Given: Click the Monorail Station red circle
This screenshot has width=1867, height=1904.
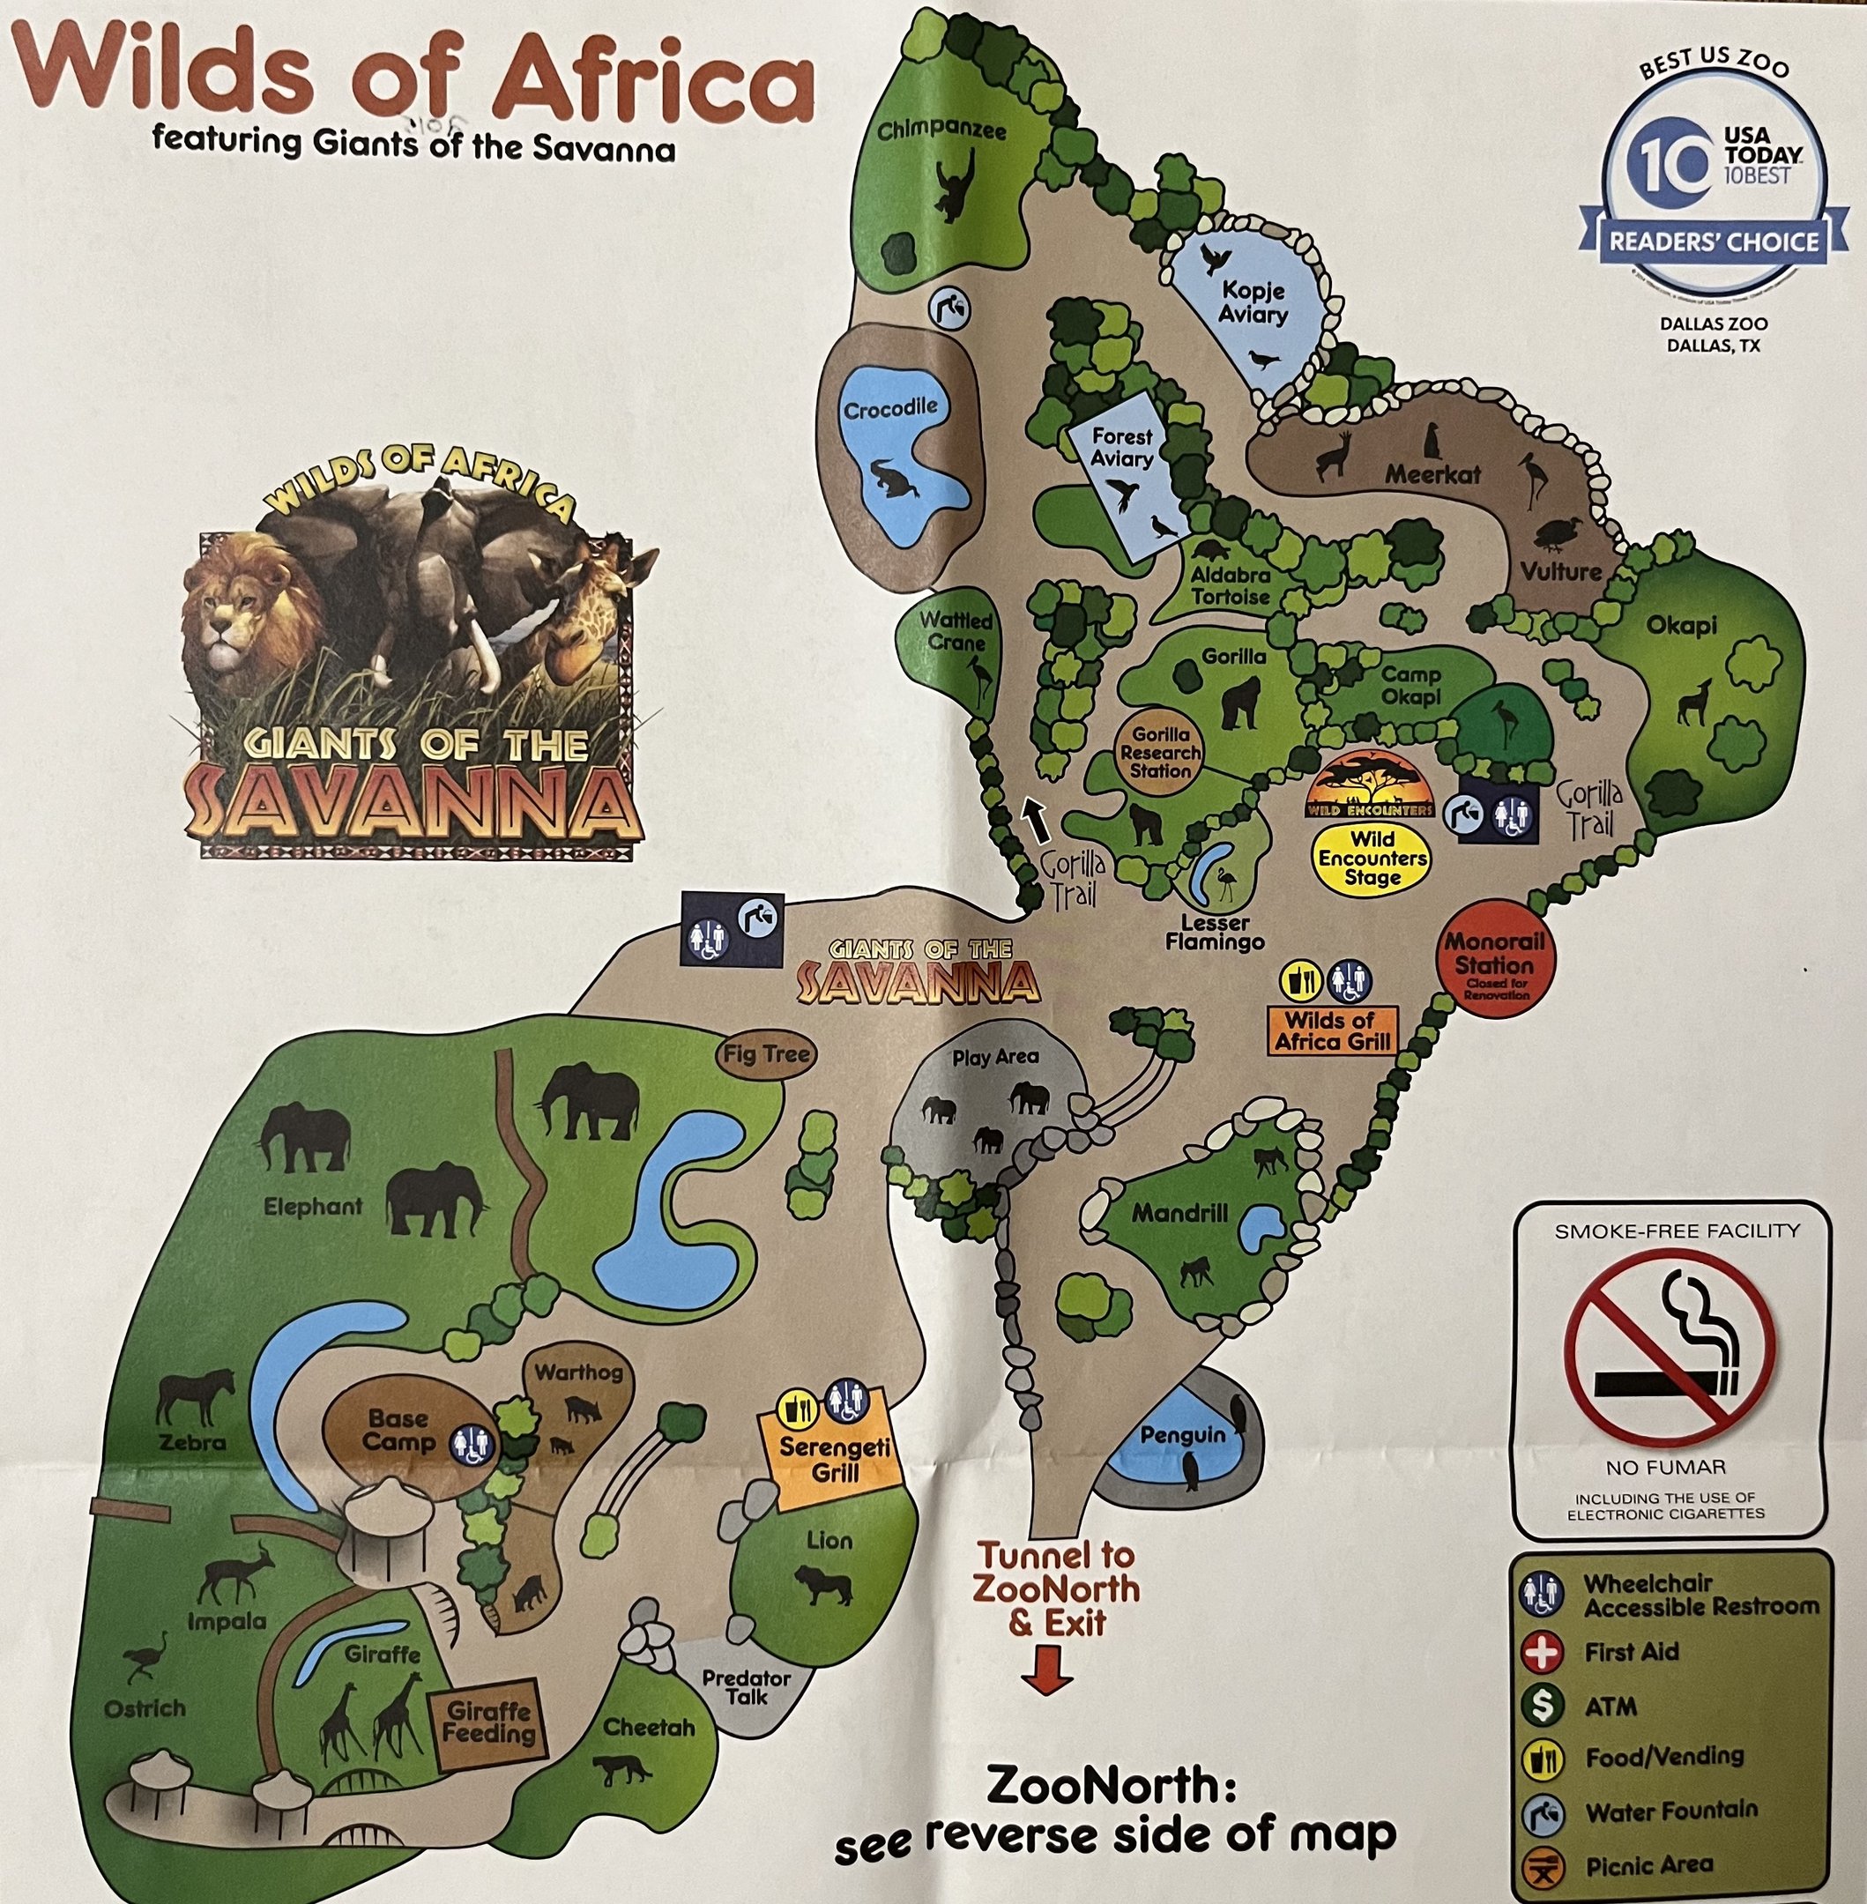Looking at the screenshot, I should (x=1494, y=963).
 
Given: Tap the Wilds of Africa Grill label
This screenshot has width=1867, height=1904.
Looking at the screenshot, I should (x=1332, y=1030).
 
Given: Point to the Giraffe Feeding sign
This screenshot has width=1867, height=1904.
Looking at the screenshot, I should (x=487, y=1722).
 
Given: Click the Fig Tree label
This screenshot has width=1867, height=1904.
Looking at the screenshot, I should (x=766, y=1055).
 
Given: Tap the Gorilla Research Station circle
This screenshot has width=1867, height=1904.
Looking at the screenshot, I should (x=1160, y=753).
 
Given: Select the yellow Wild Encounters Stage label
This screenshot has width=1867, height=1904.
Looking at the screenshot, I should (x=1372, y=858).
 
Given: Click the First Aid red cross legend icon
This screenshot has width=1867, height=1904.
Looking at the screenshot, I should (x=1542, y=1652).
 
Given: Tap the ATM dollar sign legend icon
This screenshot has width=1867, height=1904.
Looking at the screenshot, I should (x=1542, y=1706).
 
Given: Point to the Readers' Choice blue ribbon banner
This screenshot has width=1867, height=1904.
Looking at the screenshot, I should (x=1712, y=242).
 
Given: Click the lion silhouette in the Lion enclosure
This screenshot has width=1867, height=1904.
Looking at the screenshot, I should (x=822, y=1586).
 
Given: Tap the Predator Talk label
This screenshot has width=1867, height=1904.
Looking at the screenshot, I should (x=747, y=1687).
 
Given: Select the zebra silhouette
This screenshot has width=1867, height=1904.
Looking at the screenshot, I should (x=196, y=1396).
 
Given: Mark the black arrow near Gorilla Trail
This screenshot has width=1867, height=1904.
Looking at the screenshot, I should (x=1036, y=820).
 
